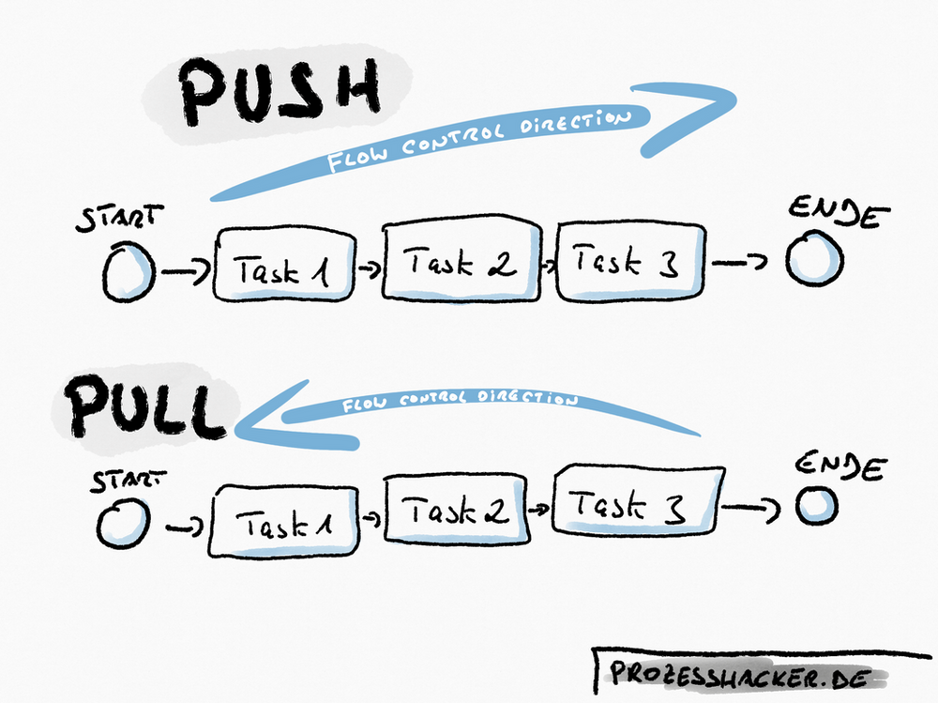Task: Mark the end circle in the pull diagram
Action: pos(817,505)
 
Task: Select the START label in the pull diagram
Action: pos(124,482)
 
